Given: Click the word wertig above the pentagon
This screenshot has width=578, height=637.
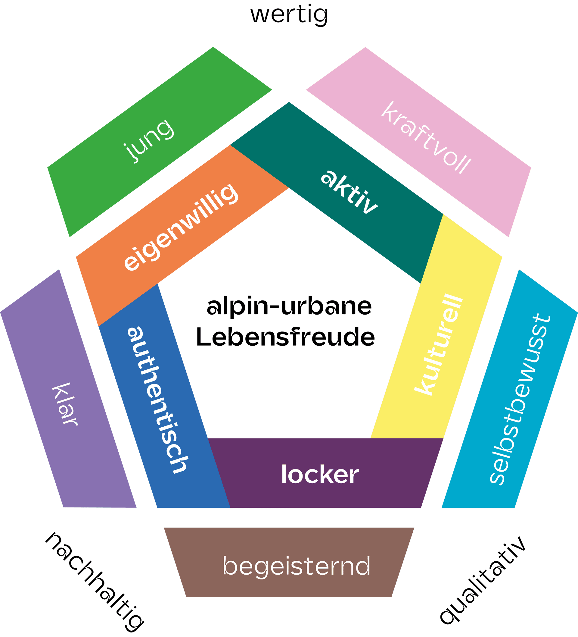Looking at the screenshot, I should tap(289, 15).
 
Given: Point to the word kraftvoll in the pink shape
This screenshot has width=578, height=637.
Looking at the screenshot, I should tap(426, 137).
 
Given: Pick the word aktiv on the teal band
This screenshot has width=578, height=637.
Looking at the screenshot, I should tap(349, 191).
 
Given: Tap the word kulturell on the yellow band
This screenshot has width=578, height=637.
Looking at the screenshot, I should tap(439, 344).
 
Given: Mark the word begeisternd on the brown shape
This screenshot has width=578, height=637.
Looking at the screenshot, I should tap(297, 566).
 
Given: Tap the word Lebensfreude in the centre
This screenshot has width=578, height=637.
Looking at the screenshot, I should tap(285, 337).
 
